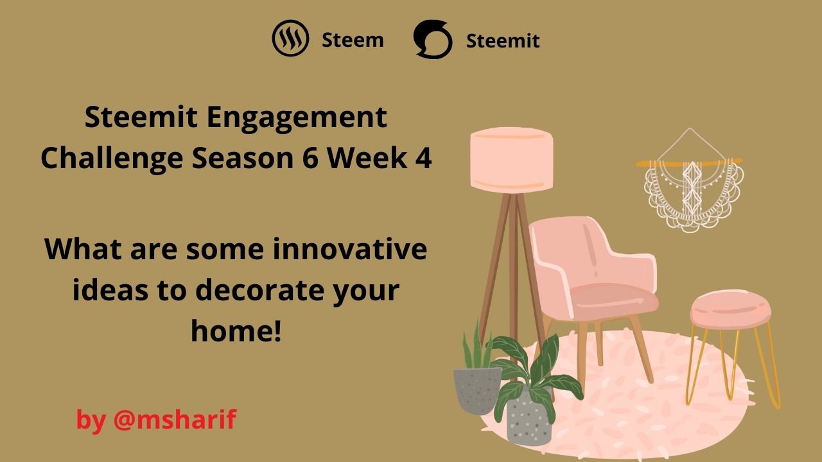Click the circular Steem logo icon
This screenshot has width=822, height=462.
tap(290, 38)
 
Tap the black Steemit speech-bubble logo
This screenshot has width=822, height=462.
tap(433, 39)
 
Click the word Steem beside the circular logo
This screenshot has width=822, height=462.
tap(353, 40)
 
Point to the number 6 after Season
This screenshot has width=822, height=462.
tap(310, 158)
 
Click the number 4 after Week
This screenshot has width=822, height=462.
tap(423, 158)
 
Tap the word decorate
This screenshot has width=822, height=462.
tap(261, 290)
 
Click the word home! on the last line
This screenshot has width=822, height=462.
tap(236, 330)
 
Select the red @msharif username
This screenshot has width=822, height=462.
tap(175, 419)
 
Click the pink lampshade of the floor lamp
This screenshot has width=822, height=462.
tap(512, 160)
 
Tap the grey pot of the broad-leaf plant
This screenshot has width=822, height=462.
tap(529, 419)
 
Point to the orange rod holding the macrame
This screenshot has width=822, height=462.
tap(690, 162)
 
